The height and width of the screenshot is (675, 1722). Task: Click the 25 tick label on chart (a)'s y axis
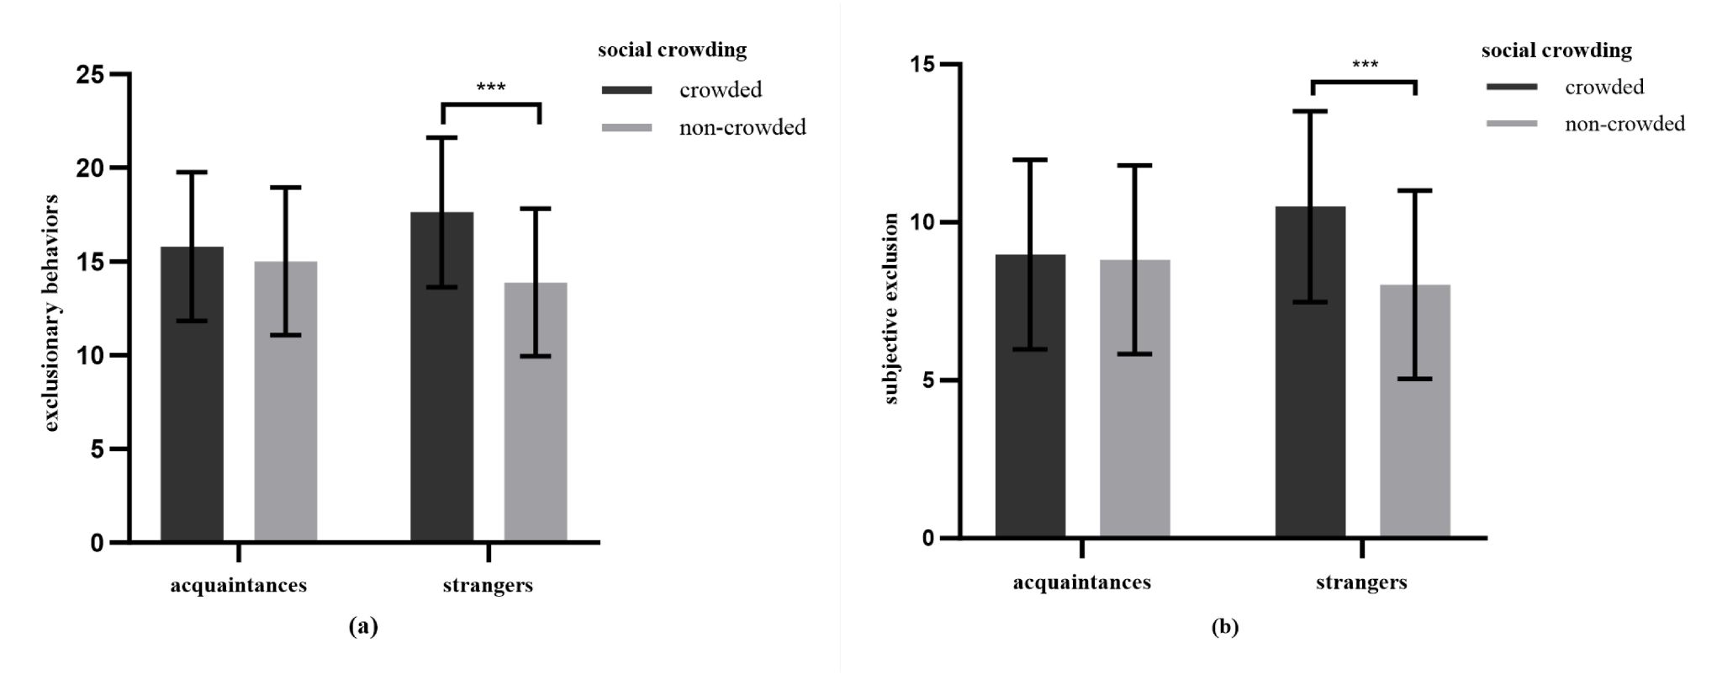coord(90,75)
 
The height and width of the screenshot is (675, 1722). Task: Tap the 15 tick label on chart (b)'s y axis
coord(923,65)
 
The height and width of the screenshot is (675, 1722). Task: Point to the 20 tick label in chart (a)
coord(90,168)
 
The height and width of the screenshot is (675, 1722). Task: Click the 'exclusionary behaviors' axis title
coord(52,313)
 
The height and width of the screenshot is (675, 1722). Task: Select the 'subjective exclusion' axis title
coord(891,308)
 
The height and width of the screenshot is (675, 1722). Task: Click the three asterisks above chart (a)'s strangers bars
coord(491,87)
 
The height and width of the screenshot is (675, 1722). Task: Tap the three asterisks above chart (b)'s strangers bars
coord(1365,65)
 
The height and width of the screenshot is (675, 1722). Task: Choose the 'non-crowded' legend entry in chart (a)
coord(742,127)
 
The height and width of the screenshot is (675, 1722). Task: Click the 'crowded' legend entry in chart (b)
coord(1603,87)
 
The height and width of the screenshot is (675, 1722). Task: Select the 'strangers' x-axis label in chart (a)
coord(488,586)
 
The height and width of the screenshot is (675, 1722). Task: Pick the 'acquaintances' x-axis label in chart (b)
coord(1081,582)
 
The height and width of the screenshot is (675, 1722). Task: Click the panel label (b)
coord(1225,627)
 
